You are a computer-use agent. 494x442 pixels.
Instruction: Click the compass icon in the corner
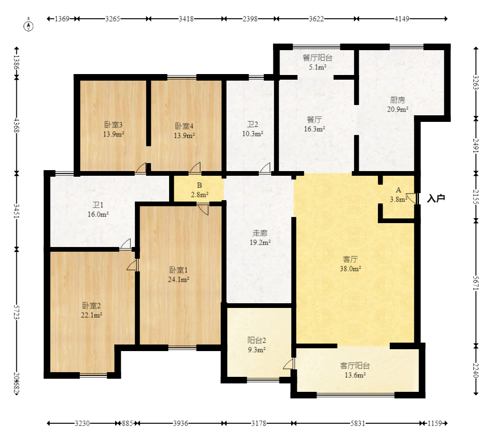point(29,26)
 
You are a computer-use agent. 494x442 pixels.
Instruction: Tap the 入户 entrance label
point(436,199)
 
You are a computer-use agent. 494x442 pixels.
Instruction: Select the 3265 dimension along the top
point(112,19)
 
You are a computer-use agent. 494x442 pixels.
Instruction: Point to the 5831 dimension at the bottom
point(358,423)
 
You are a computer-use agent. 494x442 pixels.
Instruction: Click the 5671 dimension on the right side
point(476,283)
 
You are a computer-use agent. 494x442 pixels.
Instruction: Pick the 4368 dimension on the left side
point(17,126)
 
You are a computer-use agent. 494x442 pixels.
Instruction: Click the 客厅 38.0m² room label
point(350,264)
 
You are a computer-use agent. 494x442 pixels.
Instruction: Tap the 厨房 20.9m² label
point(398,105)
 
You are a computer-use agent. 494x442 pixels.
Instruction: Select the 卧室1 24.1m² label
point(178,275)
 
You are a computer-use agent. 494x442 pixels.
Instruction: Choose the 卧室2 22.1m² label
point(91,310)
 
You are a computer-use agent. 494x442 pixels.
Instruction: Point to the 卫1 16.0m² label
point(98,210)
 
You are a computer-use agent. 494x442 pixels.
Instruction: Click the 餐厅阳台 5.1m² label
point(317,62)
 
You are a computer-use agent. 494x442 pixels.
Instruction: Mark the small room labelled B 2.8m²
point(199,190)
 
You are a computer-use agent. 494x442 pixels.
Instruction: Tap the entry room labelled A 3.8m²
point(398,195)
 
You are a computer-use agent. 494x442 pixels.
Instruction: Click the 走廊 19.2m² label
point(260,238)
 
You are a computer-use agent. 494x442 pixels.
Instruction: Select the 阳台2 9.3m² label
point(257,345)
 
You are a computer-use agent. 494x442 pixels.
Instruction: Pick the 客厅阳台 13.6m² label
point(355,370)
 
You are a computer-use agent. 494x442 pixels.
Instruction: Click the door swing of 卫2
point(265,168)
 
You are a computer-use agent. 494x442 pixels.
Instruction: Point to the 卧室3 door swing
point(141,168)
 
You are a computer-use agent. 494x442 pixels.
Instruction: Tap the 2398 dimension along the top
point(250,19)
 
